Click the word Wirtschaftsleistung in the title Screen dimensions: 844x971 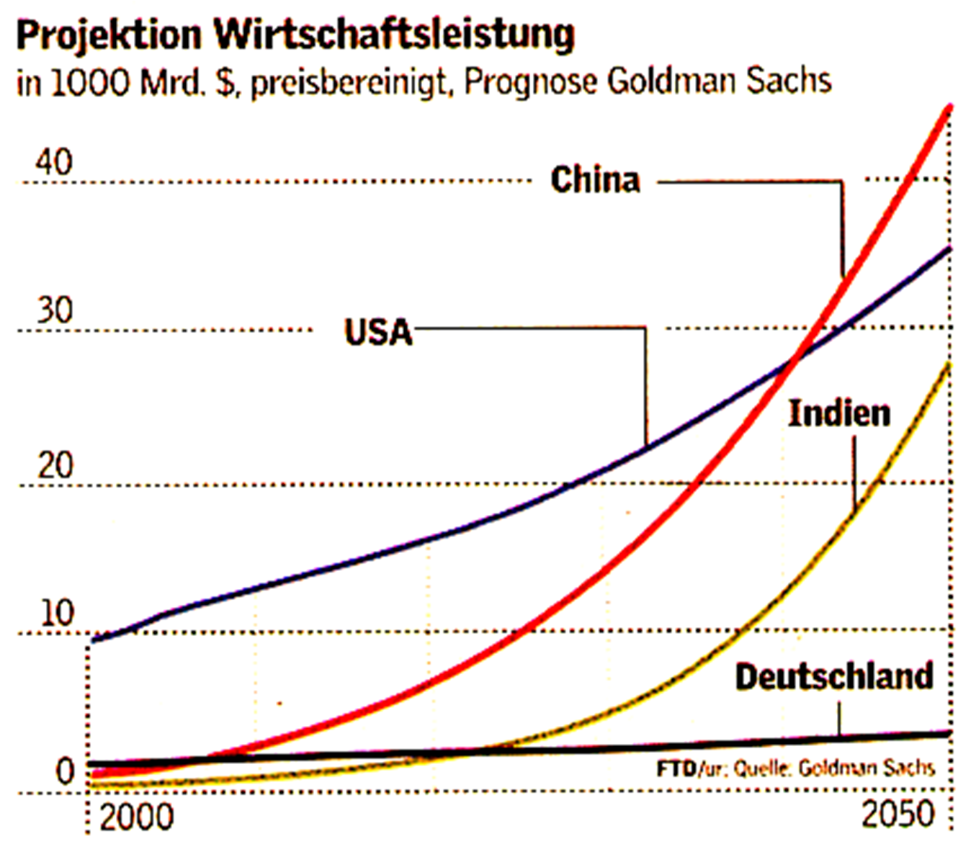(395, 35)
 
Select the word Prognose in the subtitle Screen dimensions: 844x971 (530, 81)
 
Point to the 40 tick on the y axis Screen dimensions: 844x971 (54, 162)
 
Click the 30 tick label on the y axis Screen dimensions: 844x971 (55, 311)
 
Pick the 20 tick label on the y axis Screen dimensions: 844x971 (55, 466)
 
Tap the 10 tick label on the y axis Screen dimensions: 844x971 (57, 614)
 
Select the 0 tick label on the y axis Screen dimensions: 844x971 (66, 771)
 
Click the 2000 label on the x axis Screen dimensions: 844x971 (136, 817)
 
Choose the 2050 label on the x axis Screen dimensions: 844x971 (898, 814)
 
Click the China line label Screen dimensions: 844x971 (595, 179)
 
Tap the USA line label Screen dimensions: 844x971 (378, 332)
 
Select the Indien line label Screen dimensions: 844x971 (839, 413)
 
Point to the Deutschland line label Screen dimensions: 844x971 (834, 677)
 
